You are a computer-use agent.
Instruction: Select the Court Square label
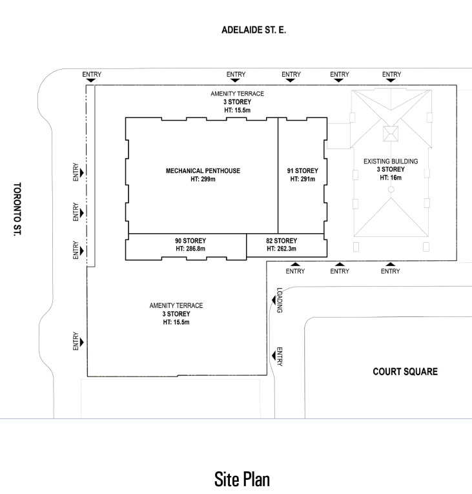[405, 372]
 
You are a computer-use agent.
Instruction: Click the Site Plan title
[241, 479]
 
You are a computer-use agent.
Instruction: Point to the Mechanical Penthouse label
[203, 171]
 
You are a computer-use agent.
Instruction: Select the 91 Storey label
[302, 171]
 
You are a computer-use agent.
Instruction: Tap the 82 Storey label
[281, 240]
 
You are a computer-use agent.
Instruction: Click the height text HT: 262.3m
[281, 248]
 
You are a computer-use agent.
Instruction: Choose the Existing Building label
[391, 161]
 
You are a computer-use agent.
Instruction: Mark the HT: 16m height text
[391, 178]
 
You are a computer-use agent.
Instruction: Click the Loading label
[280, 300]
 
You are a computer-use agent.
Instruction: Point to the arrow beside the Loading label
[273, 300]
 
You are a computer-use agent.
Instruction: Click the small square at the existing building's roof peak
[391, 134]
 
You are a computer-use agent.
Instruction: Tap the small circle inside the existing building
[391, 189]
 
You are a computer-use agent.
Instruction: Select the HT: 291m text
[302, 179]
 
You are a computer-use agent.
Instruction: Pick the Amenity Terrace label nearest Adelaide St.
[237, 94]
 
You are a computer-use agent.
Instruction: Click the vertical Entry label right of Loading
[280, 357]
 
